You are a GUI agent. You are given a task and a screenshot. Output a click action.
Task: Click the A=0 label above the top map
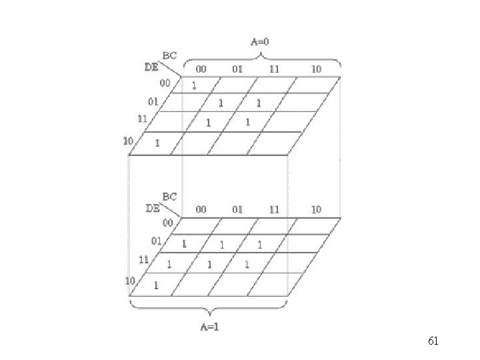coord(260,41)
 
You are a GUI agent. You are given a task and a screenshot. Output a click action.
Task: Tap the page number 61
coord(433,341)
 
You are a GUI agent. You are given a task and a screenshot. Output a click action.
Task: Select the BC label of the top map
coord(169,56)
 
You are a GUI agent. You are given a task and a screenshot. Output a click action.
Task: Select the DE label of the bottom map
coord(153,207)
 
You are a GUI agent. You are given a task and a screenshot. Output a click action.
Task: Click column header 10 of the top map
coord(316,69)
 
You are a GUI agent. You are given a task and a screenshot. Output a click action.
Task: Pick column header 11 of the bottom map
coord(274,209)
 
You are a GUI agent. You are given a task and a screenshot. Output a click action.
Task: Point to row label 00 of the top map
coord(165,83)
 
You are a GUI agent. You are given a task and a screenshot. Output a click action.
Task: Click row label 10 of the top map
coord(129,140)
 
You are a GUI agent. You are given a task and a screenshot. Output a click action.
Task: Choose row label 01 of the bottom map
coord(156,241)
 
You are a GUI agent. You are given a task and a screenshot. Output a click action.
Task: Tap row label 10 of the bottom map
coord(131,281)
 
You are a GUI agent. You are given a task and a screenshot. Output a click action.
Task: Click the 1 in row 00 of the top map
coord(194,85)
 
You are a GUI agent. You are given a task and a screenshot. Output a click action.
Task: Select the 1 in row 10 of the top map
coord(157,143)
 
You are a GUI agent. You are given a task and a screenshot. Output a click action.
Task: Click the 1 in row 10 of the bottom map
coord(156,285)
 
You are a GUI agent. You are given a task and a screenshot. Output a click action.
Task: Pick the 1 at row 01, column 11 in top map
coord(259,103)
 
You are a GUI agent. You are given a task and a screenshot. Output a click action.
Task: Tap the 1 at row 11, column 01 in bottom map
coord(209,265)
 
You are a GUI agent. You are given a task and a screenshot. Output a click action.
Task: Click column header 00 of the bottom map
coord(201,209)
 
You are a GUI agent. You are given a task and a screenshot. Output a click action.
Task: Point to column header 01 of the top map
coord(237,69)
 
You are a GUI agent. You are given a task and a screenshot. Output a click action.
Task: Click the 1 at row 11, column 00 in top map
coord(208,123)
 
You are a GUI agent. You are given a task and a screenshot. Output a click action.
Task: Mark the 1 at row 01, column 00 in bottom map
coord(184,245)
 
